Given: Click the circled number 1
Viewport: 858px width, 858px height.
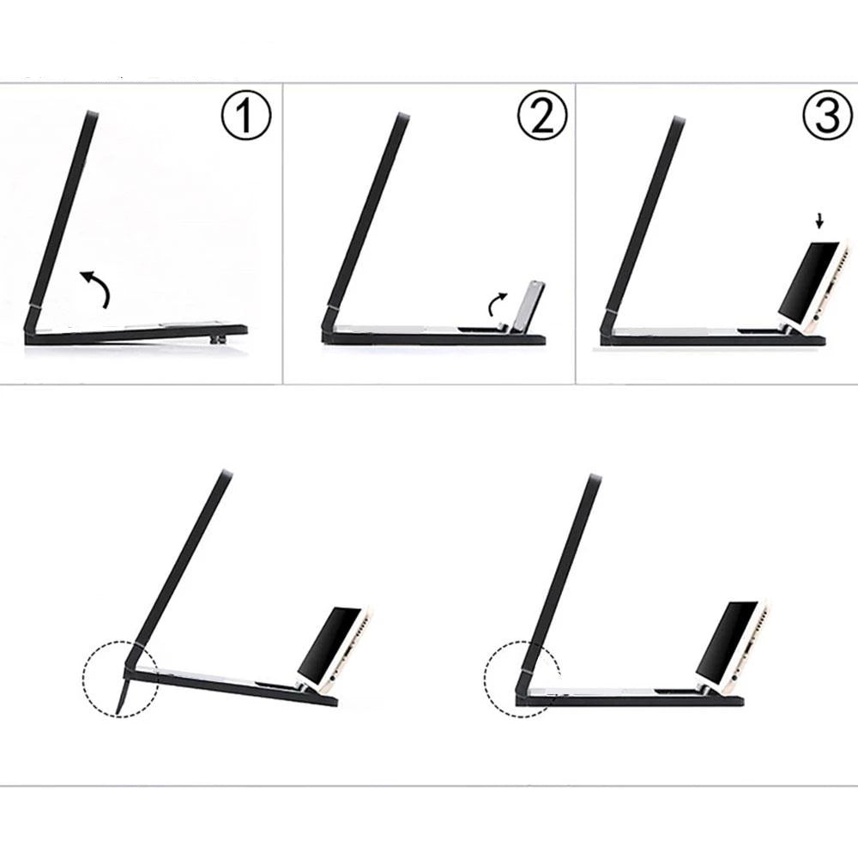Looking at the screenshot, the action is click(245, 116).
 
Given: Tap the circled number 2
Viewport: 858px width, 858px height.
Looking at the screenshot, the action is click(542, 116).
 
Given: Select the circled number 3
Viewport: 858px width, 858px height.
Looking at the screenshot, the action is click(827, 116).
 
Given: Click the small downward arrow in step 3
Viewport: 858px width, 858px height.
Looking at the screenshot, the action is click(819, 221).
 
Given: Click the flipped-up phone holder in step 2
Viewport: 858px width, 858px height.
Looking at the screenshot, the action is click(525, 306).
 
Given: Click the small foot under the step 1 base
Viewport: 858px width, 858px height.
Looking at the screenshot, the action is click(220, 340).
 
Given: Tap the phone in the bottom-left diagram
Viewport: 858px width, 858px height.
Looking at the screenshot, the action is click(335, 649).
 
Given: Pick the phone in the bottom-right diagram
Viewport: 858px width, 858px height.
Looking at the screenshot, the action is click(733, 644).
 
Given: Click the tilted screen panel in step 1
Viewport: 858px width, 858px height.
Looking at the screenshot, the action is click(61, 208).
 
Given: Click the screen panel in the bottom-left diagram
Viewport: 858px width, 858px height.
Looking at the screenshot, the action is click(181, 559).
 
